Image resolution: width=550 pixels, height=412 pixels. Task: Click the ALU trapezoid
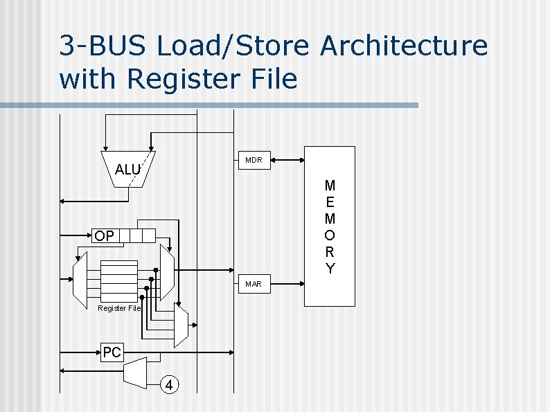point(127,168)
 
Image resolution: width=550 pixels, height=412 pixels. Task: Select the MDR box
point(254,160)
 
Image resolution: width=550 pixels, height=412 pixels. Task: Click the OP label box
point(105,236)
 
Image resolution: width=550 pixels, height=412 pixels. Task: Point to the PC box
point(112,352)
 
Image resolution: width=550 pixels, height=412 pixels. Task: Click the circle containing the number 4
point(170,384)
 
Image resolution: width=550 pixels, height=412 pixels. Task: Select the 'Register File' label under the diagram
point(118,308)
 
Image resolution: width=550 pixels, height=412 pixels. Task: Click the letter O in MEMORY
point(330,235)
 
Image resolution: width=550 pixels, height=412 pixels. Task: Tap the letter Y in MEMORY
point(330,269)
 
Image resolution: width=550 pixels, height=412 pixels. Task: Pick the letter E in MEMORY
point(330,202)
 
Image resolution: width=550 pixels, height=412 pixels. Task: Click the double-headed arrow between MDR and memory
point(288,160)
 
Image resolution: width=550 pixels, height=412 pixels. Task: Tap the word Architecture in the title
point(404,46)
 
